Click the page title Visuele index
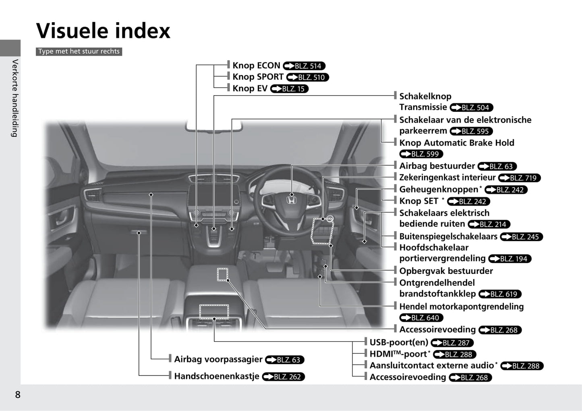(x=103, y=31)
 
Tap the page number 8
(x=17, y=394)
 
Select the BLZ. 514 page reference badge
(x=304, y=66)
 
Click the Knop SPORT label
(x=258, y=77)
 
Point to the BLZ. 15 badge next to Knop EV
(x=289, y=89)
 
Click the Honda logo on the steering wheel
(x=291, y=200)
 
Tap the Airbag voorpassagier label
(x=218, y=359)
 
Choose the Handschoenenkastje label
(x=216, y=376)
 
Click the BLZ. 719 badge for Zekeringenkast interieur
(x=519, y=178)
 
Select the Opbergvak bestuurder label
(x=446, y=271)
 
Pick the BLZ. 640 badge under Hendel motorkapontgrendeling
(x=421, y=318)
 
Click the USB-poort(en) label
(x=399, y=342)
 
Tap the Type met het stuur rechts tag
(x=79, y=51)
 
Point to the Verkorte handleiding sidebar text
(x=15, y=98)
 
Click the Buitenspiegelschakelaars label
(x=448, y=236)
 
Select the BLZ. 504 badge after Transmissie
(x=471, y=108)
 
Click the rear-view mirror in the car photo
(x=214, y=125)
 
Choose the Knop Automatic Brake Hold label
(x=456, y=143)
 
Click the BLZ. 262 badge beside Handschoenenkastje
(x=284, y=377)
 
